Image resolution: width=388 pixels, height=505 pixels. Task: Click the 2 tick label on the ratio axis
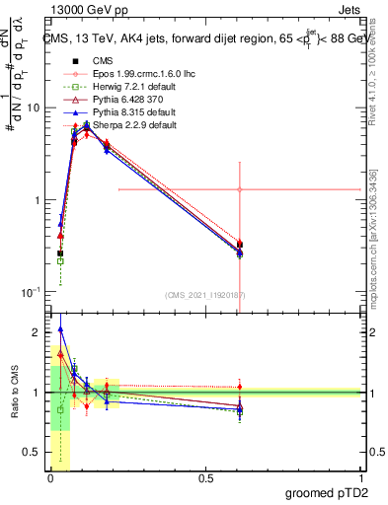pyautogui.click(x=37, y=331)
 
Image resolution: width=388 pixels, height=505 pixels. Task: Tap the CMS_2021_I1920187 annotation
pyautogui.click(x=204, y=294)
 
